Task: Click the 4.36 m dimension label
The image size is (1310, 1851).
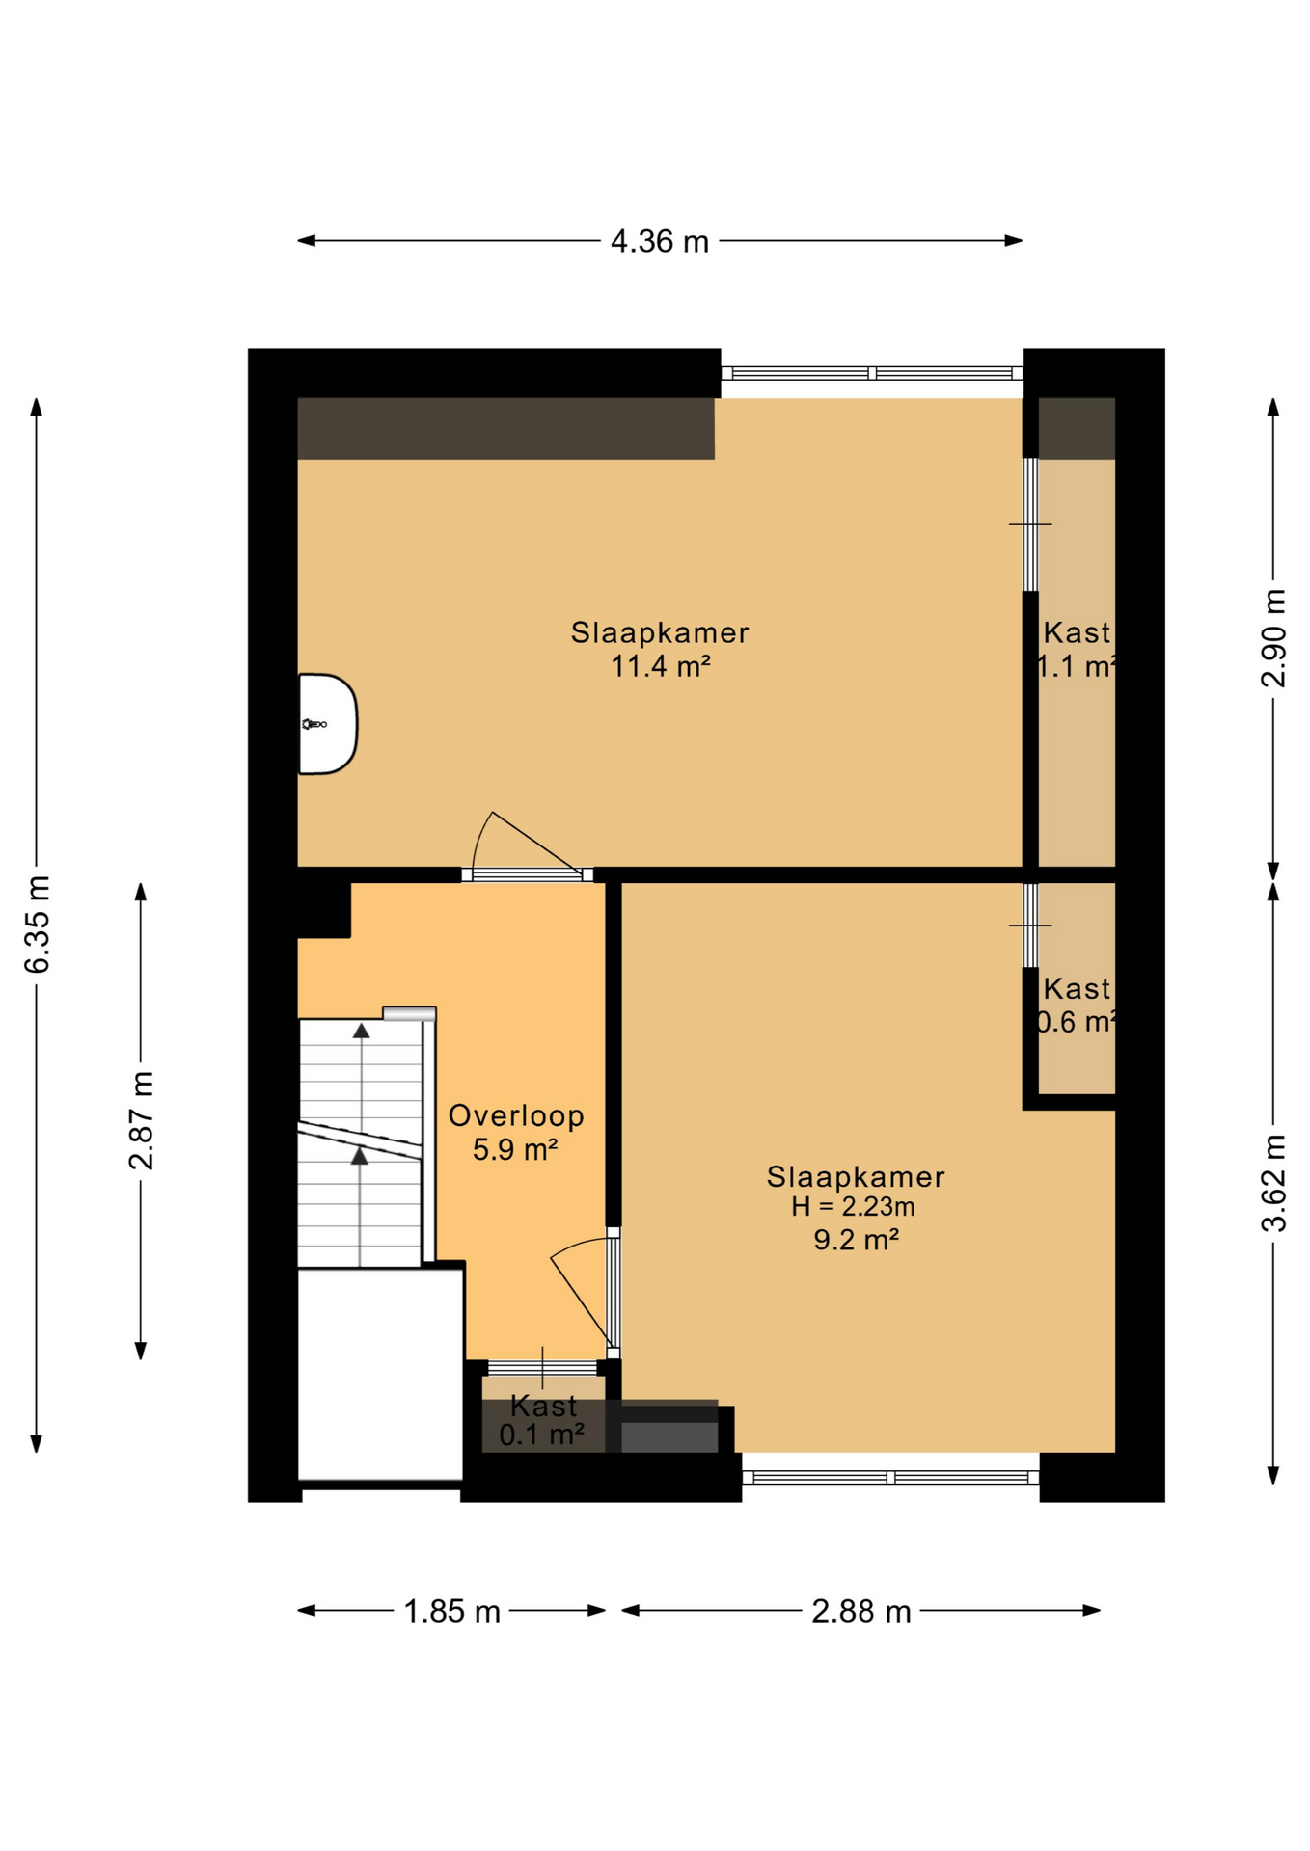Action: tap(659, 241)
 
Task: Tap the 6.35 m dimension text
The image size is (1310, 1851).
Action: tap(37, 924)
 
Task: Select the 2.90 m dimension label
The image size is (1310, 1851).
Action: tap(1273, 637)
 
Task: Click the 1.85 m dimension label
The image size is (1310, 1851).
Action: tap(451, 1611)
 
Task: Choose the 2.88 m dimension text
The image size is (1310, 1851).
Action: tap(860, 1611)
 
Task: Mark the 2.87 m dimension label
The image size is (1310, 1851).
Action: tap(141, 1119)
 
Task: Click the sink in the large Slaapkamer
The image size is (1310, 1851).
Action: tap(326, 723)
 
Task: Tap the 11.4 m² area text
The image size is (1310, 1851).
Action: tap(660, 666)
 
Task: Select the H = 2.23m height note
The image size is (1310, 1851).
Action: tap(853, 1206)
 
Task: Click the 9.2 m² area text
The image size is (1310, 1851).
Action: tap(856, 1240)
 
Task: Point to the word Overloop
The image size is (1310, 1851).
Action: tap(516, 1115)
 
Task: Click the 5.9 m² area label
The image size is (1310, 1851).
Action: tap(515, 1149)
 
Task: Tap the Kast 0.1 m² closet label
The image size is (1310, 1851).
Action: tap(542, 1420)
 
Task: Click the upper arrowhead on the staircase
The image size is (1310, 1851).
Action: tap(361, 1031)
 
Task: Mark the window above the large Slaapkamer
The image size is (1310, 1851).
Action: tap(871, 373)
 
